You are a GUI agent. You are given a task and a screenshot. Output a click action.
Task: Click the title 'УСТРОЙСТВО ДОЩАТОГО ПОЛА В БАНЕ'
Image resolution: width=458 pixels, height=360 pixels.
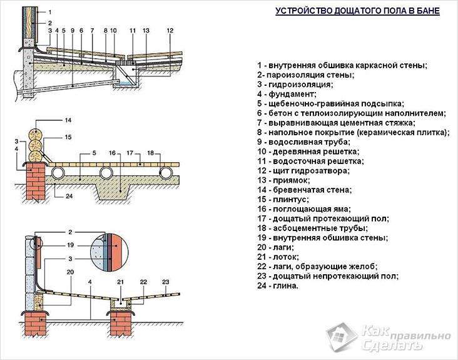[357, 11]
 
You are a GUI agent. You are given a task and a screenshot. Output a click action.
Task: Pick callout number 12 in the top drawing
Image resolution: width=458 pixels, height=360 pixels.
[170, 30]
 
